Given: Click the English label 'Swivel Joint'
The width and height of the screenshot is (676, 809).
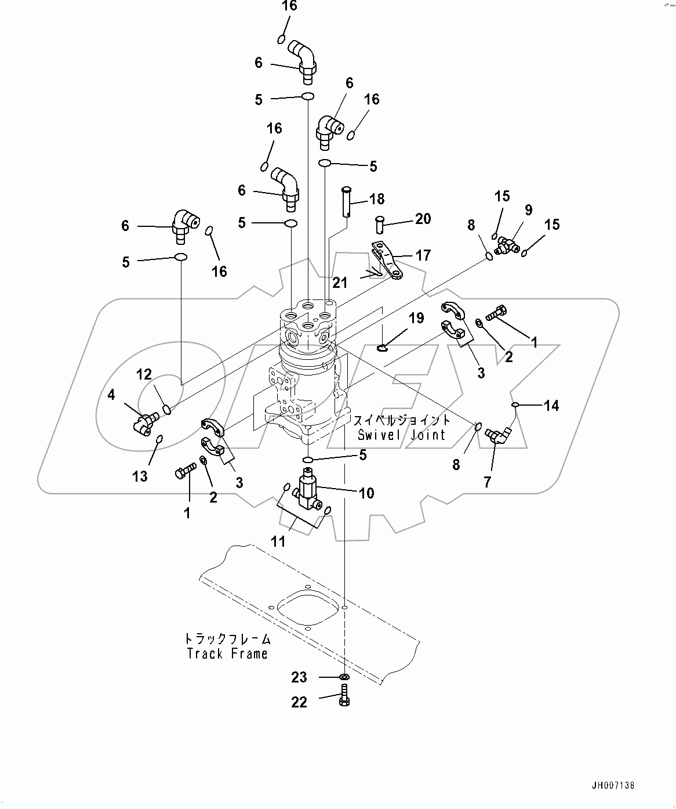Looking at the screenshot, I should tap(401, 435).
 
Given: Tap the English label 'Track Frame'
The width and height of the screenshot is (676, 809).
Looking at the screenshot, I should tap(227, 654).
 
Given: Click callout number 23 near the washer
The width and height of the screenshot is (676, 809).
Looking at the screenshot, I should tap(299, 677).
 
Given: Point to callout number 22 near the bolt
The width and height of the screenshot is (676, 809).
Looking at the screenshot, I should tap(299, 702).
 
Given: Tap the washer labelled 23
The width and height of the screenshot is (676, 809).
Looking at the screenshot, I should tap(344, 677).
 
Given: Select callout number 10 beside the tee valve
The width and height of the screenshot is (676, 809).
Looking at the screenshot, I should tap(366, 493).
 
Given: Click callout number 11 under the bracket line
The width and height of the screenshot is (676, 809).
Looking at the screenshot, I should tap(278, 541).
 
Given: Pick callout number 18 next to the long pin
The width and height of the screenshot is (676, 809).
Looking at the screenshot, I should tap(377, 200).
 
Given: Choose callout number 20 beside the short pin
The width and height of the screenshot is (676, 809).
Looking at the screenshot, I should tap(423, 219).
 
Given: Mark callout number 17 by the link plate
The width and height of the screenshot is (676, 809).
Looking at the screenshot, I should tap(423, 255).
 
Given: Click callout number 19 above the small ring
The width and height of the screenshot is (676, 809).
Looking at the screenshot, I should tap(416, 318).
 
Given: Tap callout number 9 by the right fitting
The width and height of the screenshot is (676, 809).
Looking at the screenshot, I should tap(528, 210).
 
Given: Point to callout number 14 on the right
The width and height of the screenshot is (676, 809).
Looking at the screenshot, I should tap(551, 406).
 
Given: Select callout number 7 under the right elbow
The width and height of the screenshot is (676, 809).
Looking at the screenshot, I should tap(487, 481).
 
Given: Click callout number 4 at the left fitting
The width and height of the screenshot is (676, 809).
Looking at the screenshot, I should tap(111, 395).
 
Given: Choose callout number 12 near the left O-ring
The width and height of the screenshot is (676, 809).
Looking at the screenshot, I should tap(144, 375).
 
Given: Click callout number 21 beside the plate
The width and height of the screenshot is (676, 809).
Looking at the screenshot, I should tap(340, 283).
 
